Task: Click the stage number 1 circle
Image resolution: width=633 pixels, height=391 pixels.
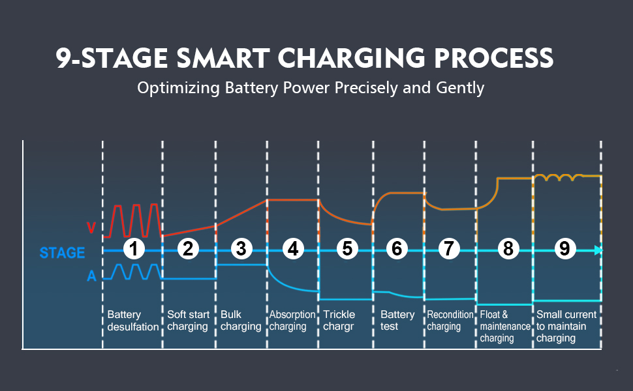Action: click(x=134, y=248)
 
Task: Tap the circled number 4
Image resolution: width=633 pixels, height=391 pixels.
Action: click(x=293, y=248)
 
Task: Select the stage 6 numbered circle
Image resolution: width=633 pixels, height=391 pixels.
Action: click(x=396, y=248)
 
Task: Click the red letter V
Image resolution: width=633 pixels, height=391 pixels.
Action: click(x=92, y=228)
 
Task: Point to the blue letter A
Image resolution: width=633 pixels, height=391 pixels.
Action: click(x=92, y=276)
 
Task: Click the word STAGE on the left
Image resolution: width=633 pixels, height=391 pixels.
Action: click(x=62, y=253)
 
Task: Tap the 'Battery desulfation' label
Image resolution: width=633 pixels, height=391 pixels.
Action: click(x=133, y=321)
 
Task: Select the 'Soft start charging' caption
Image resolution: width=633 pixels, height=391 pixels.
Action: click(x=188, y=321)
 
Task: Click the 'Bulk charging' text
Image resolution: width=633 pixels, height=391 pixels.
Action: click(x=241, y=321)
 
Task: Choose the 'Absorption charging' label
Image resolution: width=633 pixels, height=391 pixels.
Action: click(x=292, y=321)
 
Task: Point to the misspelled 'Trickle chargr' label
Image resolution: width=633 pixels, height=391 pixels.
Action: click(x=339, y=321)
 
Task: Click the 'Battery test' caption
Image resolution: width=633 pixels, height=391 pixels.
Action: click(x=397, y=321)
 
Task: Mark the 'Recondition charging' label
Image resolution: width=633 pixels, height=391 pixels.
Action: click(x=450, y=321)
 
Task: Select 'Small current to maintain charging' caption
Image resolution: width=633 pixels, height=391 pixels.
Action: click(x=566, y=326)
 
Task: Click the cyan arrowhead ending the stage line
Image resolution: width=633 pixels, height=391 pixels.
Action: click(x=598, y=250)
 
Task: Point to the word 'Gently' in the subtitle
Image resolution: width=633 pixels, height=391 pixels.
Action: click(x=461, y=87)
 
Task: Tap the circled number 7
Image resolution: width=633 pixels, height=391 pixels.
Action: click(x=449, y=248)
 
